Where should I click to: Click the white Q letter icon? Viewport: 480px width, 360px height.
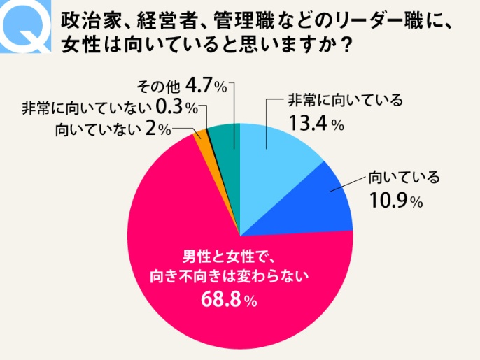(x=27, y=26)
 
